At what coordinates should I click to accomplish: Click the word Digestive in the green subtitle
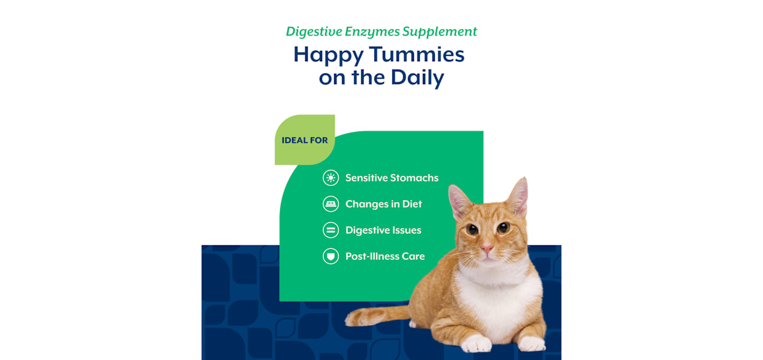tap(314, 32)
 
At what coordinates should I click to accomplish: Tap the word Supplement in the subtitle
tap(440, 32)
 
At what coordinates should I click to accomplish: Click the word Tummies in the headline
tap(417, 54)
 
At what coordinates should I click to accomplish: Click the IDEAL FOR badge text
tap(305, 140)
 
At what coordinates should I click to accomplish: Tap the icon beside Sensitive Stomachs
tap(331, 178)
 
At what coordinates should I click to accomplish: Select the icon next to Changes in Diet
tap(331, 204)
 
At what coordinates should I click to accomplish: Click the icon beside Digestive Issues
tap(331, 230)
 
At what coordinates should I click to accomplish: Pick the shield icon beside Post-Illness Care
tap(331, 256)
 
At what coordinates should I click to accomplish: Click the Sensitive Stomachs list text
tap(392, 178)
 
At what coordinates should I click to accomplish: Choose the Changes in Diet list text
tap(383, 204)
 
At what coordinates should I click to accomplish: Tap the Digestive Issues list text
tap(383, 230)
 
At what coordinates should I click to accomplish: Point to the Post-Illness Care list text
tap(385, 256)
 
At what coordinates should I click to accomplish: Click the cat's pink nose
tap(487, 248)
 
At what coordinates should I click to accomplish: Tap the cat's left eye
tap(472, 229)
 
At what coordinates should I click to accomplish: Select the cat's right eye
tap(503, 227)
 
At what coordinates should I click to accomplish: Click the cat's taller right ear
tap(518, 197)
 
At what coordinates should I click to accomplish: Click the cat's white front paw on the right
tap(531, 343)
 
